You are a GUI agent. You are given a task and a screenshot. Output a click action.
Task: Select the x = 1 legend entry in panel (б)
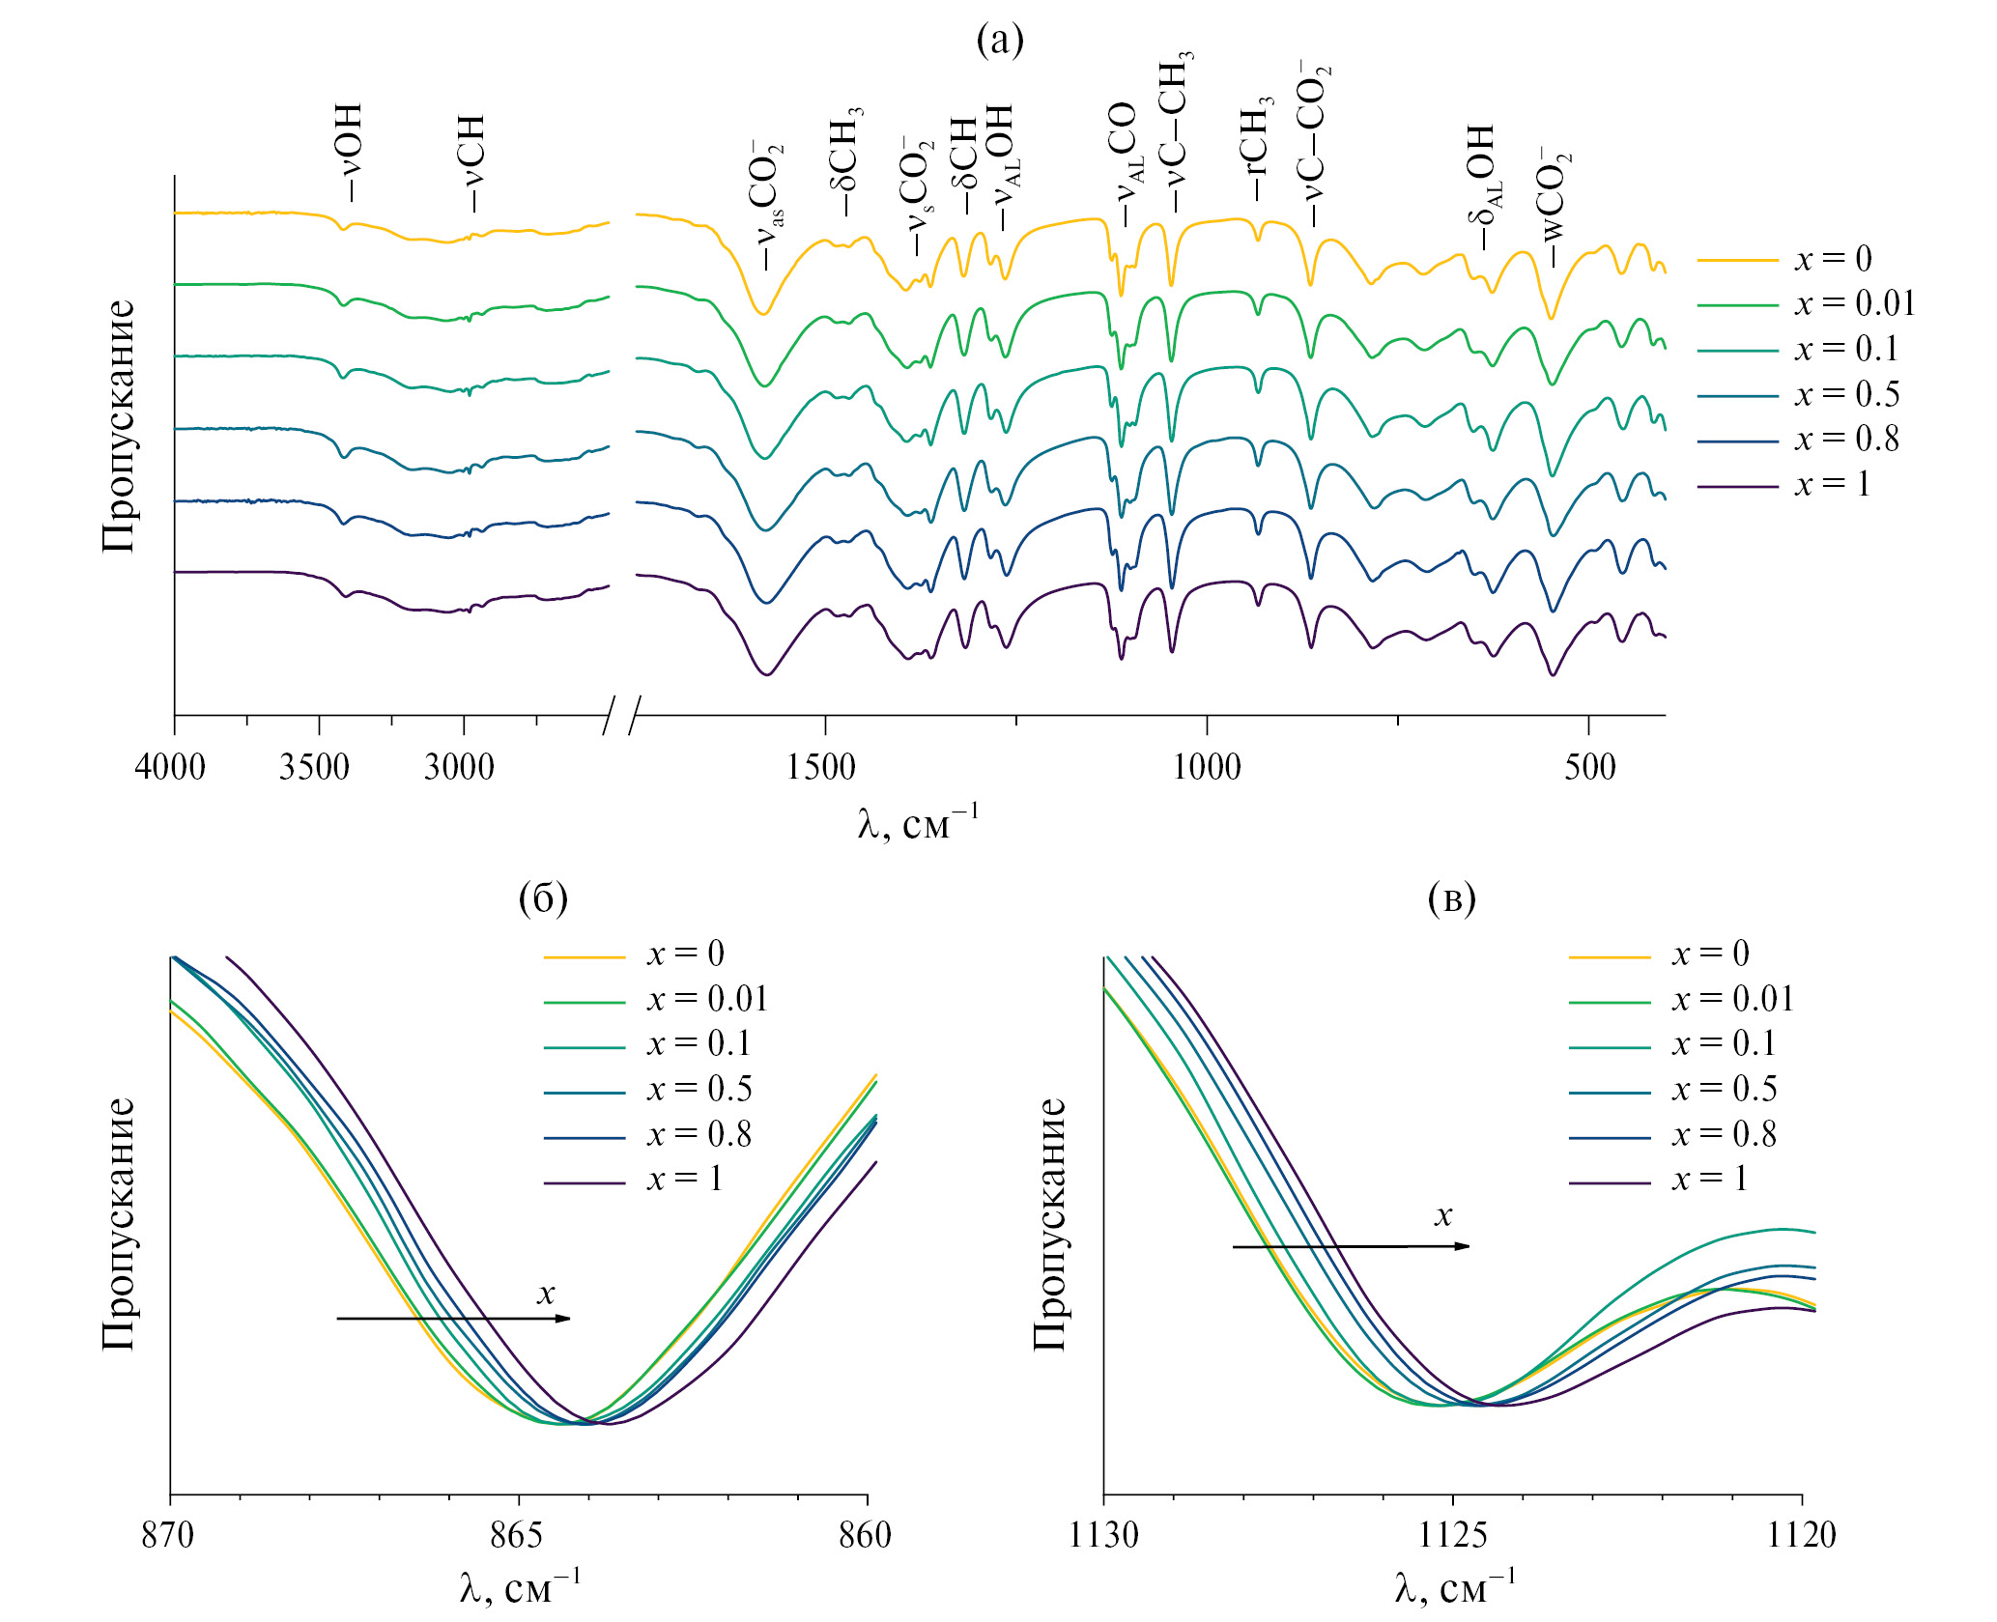tap(684, 1180)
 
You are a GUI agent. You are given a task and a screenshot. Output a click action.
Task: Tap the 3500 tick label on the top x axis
tap(314, 768)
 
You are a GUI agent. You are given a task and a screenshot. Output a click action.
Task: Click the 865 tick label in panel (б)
tap(517, 1535)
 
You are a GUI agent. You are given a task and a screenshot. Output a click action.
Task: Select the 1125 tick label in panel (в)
tap(1451, 1535)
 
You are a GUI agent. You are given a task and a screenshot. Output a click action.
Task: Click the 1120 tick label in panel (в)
tap(1801, 1535)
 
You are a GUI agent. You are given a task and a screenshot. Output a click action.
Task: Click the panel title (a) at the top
tap(999, 41)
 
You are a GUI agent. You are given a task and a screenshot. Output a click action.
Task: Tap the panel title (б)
tap(543, 898)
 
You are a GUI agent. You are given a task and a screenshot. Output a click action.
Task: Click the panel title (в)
tap(1451, 898)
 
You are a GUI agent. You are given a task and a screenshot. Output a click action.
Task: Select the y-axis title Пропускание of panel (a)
tap(118, 425)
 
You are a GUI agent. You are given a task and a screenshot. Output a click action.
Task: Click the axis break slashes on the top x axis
tap(621, 715)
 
